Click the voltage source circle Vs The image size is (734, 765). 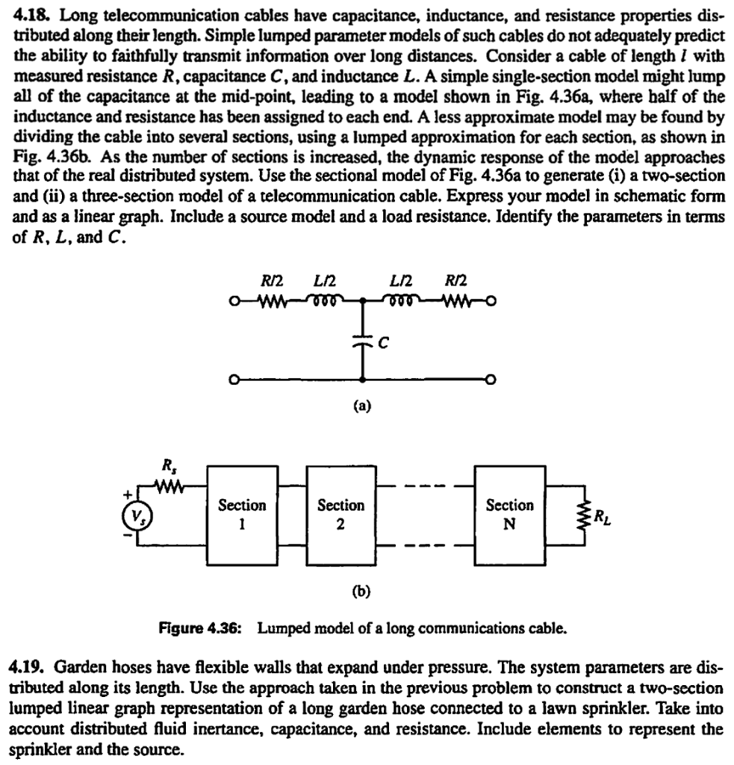pos(136,516)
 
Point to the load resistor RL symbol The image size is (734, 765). pos(576,515)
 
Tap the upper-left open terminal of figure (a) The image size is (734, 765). pos(235,302)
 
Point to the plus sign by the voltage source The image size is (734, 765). pos(127,494)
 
